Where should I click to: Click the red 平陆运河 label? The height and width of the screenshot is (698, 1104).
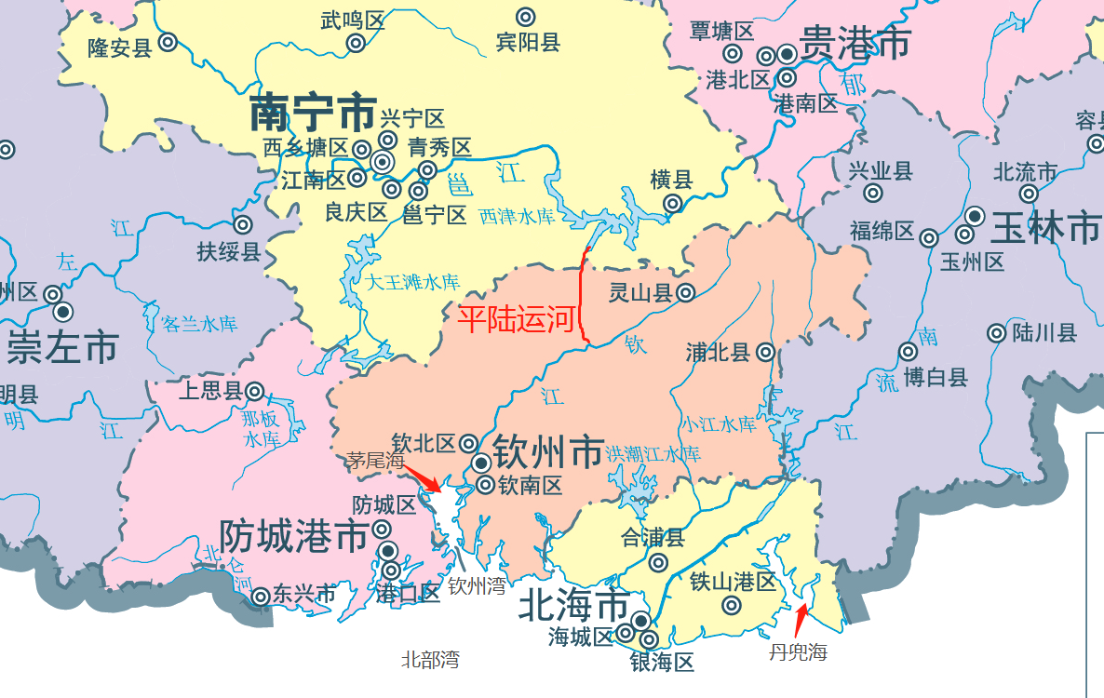(x=518, y=319)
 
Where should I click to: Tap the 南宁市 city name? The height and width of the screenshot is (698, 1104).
(x=313, y=114)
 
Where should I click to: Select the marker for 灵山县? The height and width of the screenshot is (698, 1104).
(x=685, y=293)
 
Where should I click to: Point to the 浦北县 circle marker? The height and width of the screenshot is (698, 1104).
(x=765, y=352)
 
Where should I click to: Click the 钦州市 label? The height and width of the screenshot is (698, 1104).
(x=547, y=453)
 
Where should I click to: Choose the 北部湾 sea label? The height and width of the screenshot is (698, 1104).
(x=430, y=660)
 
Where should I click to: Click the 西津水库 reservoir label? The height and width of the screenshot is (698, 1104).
(x=517, y=217)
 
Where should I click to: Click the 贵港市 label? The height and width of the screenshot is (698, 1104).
(x=855, y=43)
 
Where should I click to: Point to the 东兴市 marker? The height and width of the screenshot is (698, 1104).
(x=262, y=595)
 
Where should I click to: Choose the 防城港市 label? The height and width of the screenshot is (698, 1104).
(x=293, y=537)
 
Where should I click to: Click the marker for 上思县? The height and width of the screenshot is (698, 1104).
(x=253, y=392)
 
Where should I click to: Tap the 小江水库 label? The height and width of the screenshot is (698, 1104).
(x=718, y=424)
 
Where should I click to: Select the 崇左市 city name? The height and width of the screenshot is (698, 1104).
(x=62, y=348)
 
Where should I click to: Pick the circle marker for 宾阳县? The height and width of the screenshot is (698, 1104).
(x=526, y=16)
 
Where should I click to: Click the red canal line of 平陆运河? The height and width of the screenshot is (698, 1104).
(x=582, y=298)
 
